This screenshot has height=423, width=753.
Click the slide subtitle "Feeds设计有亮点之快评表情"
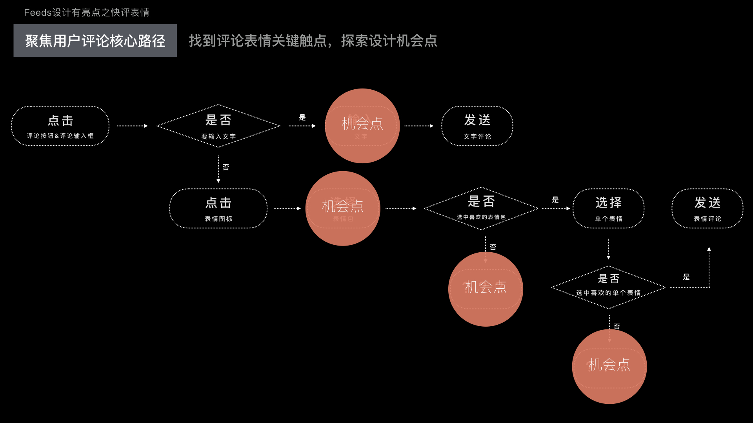point(87,13)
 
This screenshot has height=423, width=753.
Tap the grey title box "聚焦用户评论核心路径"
point(95,41)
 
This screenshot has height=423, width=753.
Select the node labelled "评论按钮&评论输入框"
point(60,126)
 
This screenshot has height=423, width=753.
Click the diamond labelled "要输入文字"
point(218,126)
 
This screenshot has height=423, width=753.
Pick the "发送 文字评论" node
point(477,126)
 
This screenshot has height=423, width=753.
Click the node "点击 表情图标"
point(218,209)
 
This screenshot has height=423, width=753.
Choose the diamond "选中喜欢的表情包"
point(481,208)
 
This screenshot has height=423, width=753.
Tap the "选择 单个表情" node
point(608,209)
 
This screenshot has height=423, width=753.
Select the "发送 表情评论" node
point(707,209)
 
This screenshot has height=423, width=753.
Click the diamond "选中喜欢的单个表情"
point(608,287)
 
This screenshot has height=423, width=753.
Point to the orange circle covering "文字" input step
point(362,126)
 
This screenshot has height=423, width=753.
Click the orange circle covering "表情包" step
point(343,208)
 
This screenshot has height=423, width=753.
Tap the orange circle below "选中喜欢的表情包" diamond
point(486,289)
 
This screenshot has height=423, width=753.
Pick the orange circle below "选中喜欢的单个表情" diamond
point(609,367)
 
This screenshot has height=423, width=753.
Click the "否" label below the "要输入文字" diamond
point(226,167)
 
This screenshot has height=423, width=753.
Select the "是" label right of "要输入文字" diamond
point(302,117)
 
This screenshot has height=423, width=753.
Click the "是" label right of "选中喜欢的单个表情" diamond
point(686,277)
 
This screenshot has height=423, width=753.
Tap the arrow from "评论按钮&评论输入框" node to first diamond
point(132,126)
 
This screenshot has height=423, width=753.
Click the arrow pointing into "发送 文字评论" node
point(419,126)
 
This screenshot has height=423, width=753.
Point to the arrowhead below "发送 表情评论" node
point(709,249)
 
